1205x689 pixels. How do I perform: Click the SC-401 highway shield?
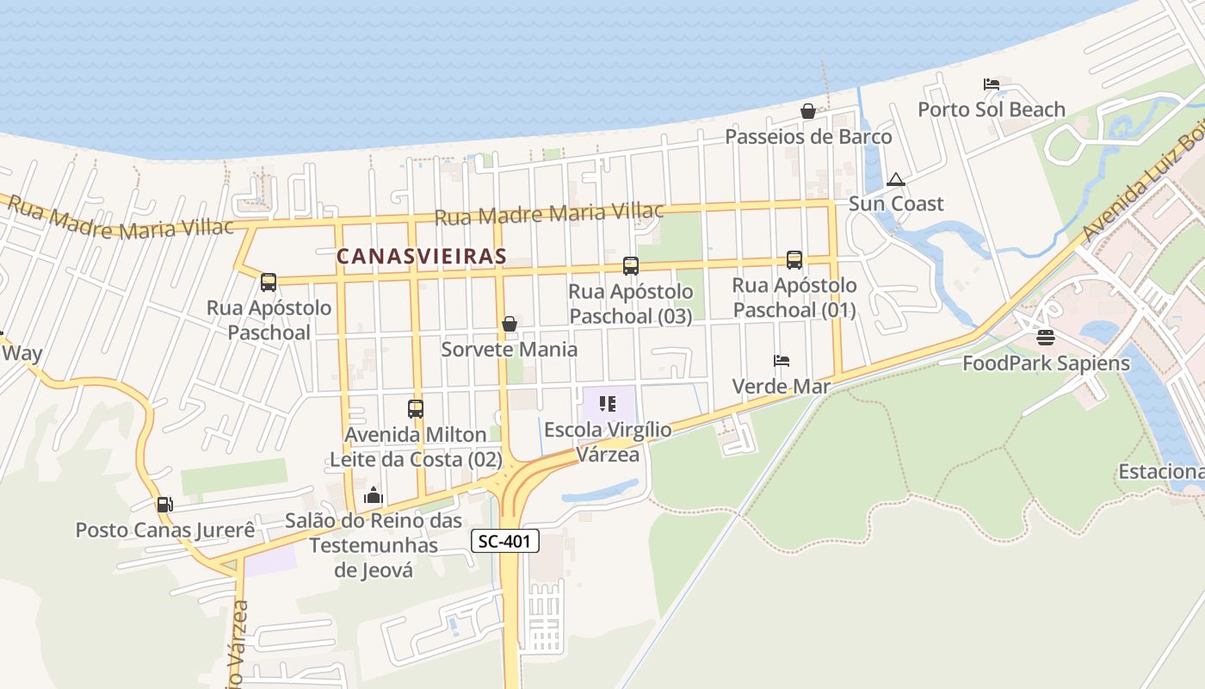coord(505,541)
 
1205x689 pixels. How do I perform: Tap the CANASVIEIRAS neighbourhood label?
coord(421,256)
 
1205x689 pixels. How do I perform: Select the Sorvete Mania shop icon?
coord(510,324)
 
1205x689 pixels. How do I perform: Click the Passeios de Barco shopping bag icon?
coord(808,110)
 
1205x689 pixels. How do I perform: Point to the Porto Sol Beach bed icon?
coord(992,84)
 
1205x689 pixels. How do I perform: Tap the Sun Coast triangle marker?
coord(896,179)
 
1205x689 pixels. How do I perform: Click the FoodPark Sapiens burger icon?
coord(1046,337)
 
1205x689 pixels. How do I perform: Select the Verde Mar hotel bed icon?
coord(782,360)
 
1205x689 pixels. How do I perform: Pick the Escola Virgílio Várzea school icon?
coord(608,403)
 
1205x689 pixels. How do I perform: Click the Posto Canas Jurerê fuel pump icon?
coord(164,504)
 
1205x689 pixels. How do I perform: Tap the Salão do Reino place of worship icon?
coord(374,495)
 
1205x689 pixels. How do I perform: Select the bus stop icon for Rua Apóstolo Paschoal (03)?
coord(631,266)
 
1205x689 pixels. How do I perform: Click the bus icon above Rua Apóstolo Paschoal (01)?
coord(794,259)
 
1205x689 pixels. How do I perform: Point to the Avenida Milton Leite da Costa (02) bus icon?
coord(416,408)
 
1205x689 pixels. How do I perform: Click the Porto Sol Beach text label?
coord(992,109)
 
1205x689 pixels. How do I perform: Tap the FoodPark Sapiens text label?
coord(1046,363)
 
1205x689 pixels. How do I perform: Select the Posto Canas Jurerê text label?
coord(165,530)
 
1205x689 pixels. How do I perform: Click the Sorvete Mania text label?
coord(510,350)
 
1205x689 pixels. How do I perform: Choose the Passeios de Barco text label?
coord(808,137)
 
